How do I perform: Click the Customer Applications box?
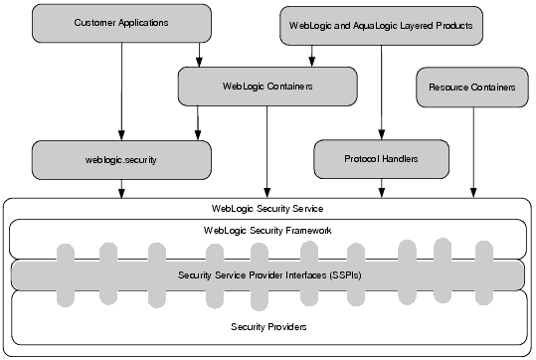(120, 22)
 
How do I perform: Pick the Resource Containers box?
(472, 88)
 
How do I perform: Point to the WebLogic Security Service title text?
(268, 209)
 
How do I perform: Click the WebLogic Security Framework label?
(267, 231)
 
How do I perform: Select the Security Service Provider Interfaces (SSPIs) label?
(267, 274)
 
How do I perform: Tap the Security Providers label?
(267, 326)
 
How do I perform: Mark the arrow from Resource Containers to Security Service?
(473, 149)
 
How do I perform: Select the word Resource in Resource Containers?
(448, 88)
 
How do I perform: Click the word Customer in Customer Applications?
(95, 22)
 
